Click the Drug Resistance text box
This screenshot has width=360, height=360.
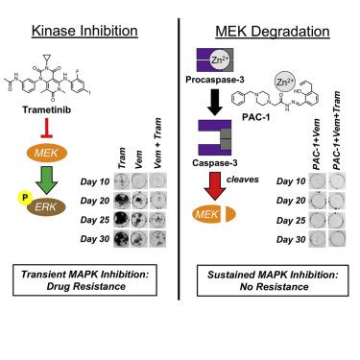[x=87, y=281]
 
